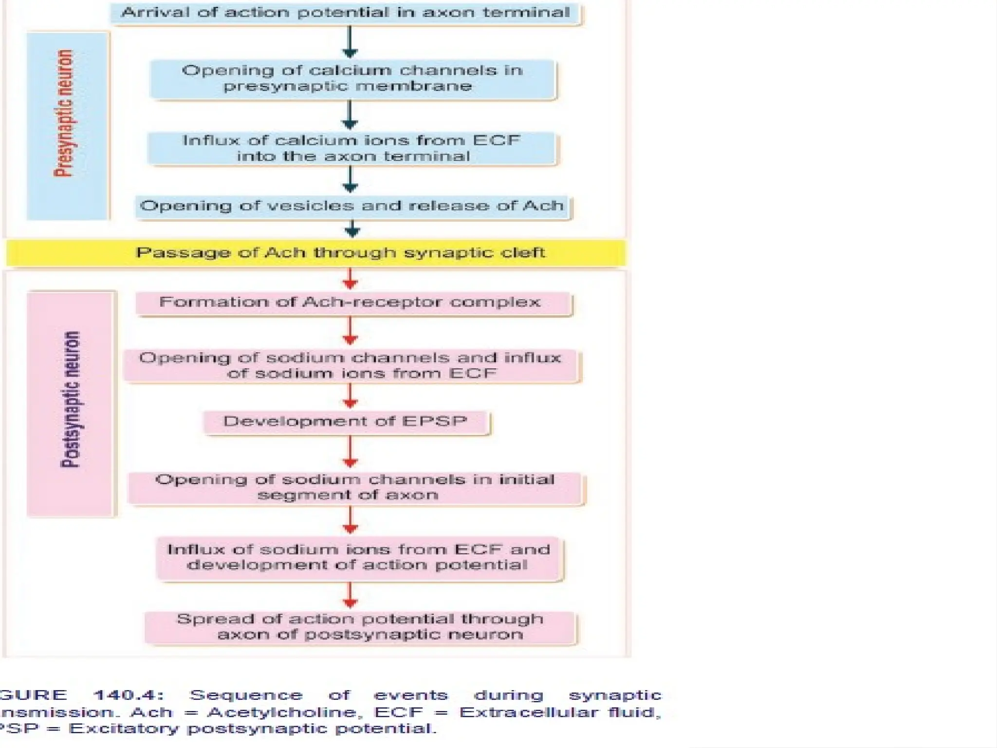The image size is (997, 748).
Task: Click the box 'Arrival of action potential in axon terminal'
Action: (345, 13)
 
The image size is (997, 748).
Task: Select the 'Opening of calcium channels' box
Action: (352, 78)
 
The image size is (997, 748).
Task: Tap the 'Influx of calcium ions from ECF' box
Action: (351, 148)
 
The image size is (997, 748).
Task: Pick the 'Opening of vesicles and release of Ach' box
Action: (352, 206)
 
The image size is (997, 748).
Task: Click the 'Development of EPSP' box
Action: (346, 422)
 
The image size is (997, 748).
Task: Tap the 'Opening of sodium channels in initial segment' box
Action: (355, 487)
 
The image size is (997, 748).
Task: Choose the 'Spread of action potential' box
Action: (360, 627)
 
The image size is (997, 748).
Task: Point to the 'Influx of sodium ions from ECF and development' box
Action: (359, 558)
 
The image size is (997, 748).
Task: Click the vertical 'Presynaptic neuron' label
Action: (65, 113)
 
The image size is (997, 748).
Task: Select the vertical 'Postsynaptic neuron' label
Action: (71, 399)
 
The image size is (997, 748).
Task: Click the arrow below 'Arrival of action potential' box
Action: (350, 42)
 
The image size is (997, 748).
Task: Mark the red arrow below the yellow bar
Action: (350, 279)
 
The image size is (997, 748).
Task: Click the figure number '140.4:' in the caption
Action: (129, 695)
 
